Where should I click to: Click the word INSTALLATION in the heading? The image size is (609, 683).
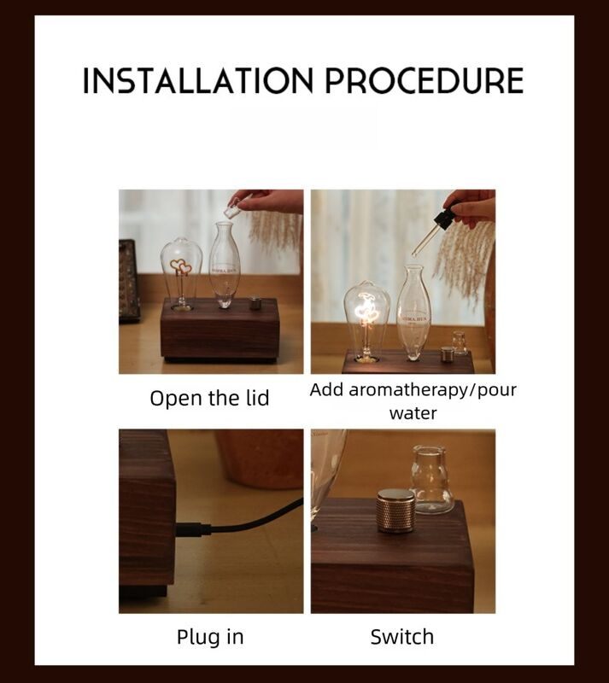click(198, 80)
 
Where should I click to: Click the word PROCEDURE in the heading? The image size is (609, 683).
click(425, 80)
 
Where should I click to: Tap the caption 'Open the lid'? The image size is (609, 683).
click(209, 398)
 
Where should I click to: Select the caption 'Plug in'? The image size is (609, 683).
click(210, 637)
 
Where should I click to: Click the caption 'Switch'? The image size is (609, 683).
click(402, 637)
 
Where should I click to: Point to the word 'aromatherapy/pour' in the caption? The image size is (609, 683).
click(432, 390)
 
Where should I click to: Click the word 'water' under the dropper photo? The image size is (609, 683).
click(413, 413)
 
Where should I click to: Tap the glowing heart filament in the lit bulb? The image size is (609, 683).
click(366, 306)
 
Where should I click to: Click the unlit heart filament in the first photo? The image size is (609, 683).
click(181, 266)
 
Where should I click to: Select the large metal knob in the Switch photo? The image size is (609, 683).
click(395, 510)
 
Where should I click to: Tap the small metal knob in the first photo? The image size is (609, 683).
click(255, 303)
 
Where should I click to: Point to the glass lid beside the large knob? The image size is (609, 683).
click(433, 479)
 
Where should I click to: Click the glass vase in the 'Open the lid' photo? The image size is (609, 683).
click(225, 265)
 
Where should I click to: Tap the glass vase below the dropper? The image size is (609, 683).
click(413, 312)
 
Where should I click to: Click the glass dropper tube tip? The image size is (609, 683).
click(413, 254)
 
